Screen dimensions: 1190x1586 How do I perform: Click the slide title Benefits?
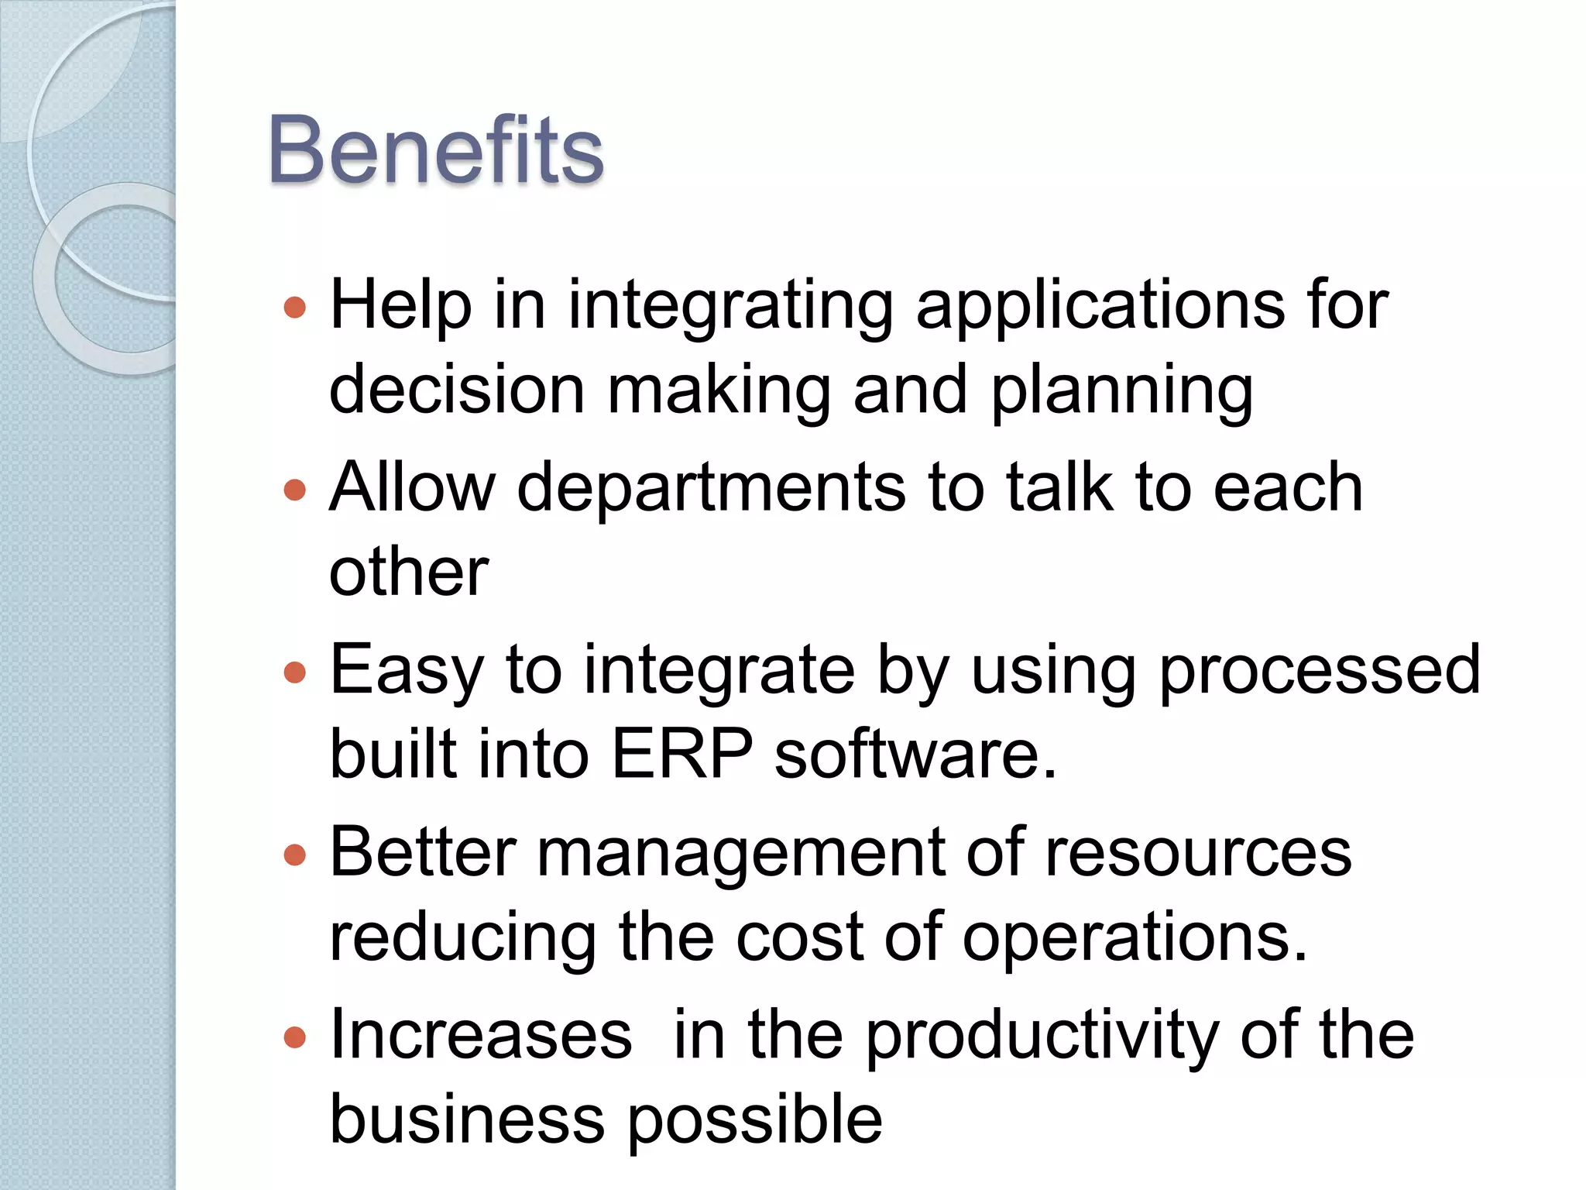[435, 150]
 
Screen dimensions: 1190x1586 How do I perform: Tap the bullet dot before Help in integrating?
[295, 308]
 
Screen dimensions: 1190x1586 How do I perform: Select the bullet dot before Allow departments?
[295, 490]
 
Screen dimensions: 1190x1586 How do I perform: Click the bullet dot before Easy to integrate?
[295, 672]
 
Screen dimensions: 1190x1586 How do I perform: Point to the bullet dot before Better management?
[295, 855]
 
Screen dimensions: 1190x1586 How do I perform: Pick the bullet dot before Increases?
[295, 1037]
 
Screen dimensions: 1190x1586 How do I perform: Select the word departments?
[711, 488]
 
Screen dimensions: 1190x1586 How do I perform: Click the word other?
[409, 573]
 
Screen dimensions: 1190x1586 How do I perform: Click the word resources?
[1198, 853]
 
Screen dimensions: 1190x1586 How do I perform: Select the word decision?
[457, 390]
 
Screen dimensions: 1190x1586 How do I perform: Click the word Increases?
[481, 1036]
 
